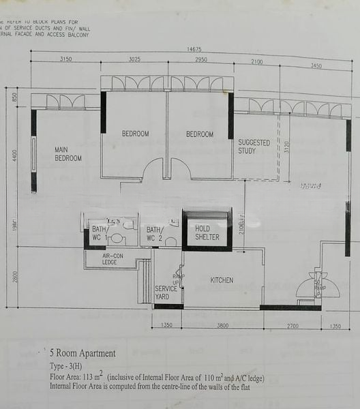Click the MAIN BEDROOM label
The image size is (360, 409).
(x=68, y=153)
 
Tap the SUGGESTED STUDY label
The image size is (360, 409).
(x=254, y=147)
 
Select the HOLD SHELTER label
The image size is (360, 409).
(x=207, y=232)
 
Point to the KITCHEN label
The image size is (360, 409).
(x=222, y=280)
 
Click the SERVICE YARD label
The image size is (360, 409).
(x=166, y=292)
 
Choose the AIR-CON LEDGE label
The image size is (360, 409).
(x=109, y=258)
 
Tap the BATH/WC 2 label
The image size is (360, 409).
(x=155, y=234)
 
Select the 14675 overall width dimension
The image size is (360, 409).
(x=194, y=49)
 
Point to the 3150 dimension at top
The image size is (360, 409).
(x=65, y=59)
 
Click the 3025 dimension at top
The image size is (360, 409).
(x=134, y=59)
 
